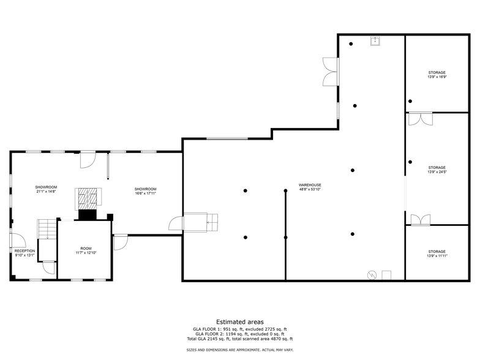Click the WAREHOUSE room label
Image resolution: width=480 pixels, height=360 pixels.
pos(310,187)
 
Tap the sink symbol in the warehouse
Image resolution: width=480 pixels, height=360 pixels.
pos(375,41)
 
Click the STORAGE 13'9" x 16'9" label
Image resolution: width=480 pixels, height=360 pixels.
pos(437,75)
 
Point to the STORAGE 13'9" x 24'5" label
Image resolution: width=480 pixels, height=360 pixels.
pos(437,170)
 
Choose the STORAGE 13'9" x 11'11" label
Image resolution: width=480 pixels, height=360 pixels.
pos(437,253)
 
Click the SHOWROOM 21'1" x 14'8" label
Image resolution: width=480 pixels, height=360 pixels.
pos(46,189)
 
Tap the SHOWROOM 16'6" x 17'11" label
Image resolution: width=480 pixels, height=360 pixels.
pos(146,191)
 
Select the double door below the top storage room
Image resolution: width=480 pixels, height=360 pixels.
pos(420,119)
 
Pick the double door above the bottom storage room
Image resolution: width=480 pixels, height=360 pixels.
pos(420,219)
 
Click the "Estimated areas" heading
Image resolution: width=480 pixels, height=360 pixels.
pos(239,321)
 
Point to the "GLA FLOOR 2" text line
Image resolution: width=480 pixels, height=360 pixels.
pos(239,334)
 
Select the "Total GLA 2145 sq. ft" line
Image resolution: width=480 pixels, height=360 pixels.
pos(239,339)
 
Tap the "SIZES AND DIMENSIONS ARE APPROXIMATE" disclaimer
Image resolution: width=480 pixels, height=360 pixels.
pos(239,350)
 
